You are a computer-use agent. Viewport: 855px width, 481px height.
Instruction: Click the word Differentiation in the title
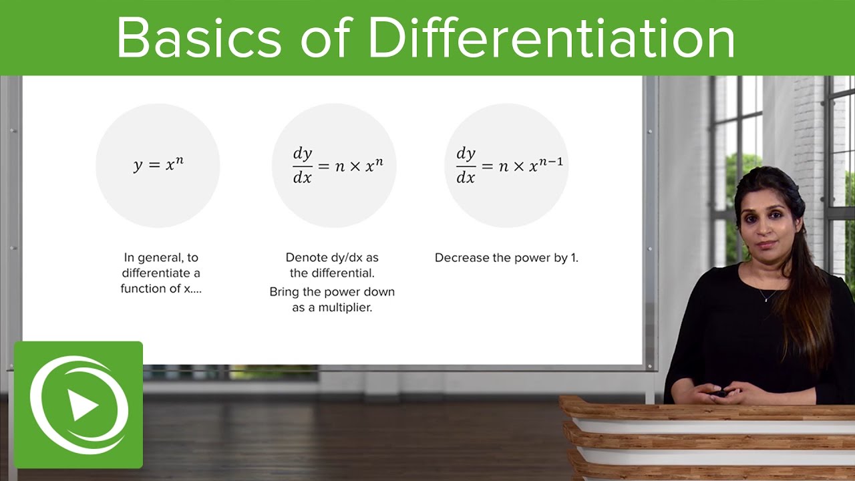(551, 38)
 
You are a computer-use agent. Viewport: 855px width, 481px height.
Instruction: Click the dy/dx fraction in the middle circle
(303, 166)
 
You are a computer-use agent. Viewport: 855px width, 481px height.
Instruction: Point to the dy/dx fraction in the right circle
(466, 166)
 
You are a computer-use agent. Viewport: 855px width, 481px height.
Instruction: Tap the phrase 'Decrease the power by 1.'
(506, 257)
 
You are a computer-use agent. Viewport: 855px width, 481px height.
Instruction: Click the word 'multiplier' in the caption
(345, 308)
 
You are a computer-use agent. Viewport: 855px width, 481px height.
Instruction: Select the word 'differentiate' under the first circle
(161, 273)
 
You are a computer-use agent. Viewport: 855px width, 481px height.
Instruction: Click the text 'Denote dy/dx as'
(332, 257)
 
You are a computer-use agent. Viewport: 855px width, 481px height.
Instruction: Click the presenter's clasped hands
(721, 392)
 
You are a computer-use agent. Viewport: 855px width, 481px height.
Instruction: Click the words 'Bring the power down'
(332, 292)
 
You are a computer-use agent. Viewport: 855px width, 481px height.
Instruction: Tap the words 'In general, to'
(161, 257)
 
